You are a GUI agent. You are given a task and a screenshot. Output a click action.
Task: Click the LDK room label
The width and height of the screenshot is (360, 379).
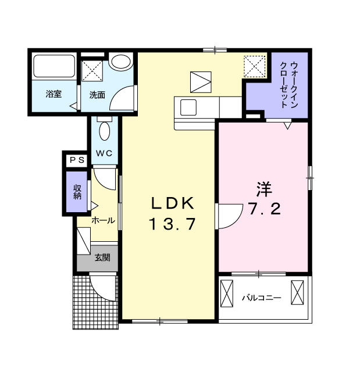point(172,203)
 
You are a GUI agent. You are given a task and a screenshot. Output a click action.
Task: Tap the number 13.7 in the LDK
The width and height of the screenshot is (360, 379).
point(172,224)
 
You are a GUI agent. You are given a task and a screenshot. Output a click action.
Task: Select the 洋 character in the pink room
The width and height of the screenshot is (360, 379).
point(265,189)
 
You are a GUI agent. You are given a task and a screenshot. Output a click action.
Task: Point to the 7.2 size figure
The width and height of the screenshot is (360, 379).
point(265,209)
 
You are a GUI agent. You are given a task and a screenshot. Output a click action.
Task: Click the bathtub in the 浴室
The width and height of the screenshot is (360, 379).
point(54,66)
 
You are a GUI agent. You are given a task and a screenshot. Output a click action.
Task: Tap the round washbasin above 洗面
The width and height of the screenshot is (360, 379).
point(121,62)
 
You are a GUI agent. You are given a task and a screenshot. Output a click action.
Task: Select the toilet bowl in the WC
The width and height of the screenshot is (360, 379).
point(105,131)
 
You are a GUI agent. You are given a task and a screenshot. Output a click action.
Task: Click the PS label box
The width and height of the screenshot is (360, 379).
point(77,160)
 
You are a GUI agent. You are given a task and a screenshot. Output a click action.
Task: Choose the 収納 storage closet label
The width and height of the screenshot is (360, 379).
point(77,192)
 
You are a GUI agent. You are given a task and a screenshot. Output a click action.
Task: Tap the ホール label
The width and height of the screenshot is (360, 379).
point(103,220)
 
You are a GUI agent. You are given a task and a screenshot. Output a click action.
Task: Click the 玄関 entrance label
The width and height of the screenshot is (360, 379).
point(102,258)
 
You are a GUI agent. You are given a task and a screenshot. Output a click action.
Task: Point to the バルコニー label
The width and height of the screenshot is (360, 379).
point(262,298)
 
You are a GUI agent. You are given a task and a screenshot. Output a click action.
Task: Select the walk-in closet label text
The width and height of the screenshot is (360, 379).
point(289,85)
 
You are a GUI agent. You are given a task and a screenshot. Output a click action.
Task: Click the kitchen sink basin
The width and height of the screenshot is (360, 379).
point(188,108)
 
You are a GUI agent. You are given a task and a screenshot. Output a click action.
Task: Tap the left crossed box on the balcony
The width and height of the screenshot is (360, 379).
point(227,294)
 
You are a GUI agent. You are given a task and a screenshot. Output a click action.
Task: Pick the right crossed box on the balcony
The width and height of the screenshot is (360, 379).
point(297,292)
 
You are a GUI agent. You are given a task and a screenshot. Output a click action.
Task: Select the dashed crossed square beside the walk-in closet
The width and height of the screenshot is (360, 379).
point(255,66)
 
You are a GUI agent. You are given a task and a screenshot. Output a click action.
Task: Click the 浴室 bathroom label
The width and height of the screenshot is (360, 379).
point(54,94)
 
